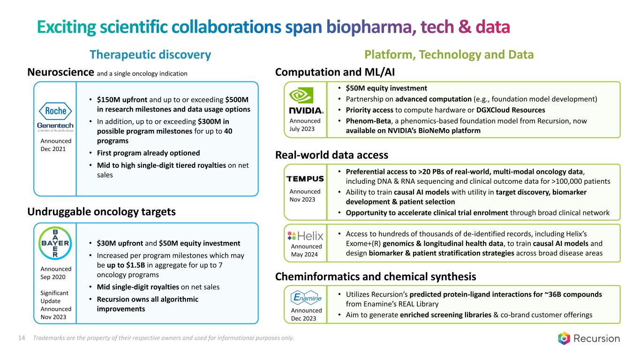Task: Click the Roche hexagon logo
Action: pyautogui.click(x=55, y=111)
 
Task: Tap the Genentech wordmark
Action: pyautogui.click(x=55, y=126)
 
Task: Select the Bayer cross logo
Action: pyautogui.click(x=55, y=243)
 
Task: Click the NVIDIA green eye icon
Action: pyautogui.click(x=301, y=95)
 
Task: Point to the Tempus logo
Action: pyautogui.click(x=305, y=179)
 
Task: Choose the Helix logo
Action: pyautogui.click(x=305, y=236)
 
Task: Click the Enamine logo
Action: pyautogui.click(x=306, y=298)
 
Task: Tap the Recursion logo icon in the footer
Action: pyautogui.click(x=564, y=338)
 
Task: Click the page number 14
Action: pyautogui.click(x=22, y=338)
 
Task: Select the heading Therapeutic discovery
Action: pyautogui.click(x=151, y=54)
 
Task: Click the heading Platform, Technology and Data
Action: pyautogui.click(x=449, y=54)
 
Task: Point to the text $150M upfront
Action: pyautogui.click(x=122, y=100)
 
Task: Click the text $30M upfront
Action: pyautogui.click(x=120, y=243)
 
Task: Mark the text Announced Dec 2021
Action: pyautogui.click(x=56, y=145)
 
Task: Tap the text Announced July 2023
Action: pyautogui.click(x=305, y=125)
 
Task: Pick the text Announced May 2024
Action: pyautogui.click(x=306, y=250)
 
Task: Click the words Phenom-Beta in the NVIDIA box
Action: pyautogui.click(x=368, y=121)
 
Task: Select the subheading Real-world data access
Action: pyautogui.click(x=331, y=155)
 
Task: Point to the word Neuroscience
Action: pyautogui.click(x=60, y=72)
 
